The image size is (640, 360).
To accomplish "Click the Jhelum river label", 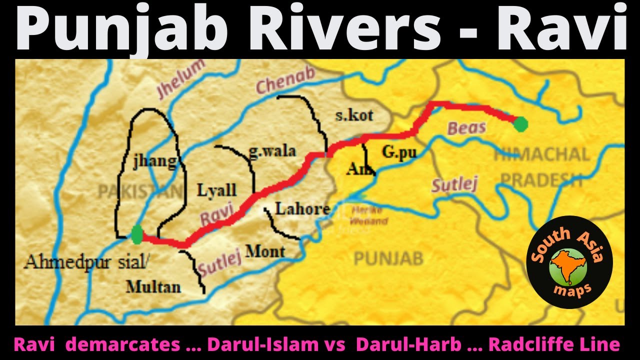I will (x=181, y=79).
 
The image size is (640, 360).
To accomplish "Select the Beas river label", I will (x=466, y=128).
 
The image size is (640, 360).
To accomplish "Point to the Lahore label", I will (x=302, y=208).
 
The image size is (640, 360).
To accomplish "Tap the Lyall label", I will (x=216, y=190).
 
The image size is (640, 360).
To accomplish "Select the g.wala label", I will (x=272, y=151).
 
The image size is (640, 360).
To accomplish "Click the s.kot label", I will (x=354, y=115).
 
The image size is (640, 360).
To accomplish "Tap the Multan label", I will (x=153, y=286).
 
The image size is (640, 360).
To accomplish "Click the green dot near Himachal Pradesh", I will (x=520, y=123).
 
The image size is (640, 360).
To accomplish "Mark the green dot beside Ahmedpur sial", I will (x=137, y=234).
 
